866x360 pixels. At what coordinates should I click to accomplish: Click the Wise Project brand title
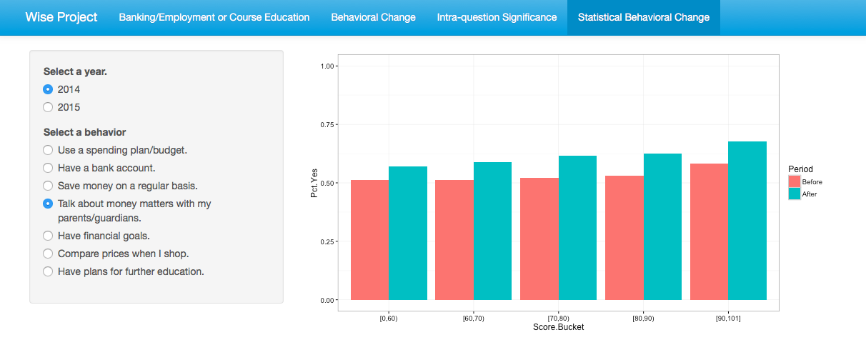pyautogui.click(x=61, y=17)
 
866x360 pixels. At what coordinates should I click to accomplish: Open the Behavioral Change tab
pyautogui.click(x=373, y=17)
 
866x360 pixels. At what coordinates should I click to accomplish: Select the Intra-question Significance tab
pyautogui.click(x=497, y=17)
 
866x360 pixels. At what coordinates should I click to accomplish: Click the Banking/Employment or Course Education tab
pyautogui.click(x=214, y=17)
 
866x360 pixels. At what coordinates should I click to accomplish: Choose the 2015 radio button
pyautogui.click(x=48, y=107)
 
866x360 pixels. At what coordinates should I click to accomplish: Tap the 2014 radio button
pyautogui.click(x=48, y=89)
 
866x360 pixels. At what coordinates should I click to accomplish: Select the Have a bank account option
pyautogui.click(x=48, y=168)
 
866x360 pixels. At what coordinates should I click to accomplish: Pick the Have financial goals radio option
pyautogui.click(x=48, y=236)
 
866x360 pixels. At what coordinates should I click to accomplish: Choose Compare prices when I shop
pyautogui.click(x=48, y=254)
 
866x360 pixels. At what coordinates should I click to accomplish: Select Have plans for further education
pyautogui.click(x=48, y=271)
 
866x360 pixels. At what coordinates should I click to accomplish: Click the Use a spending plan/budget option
pyautogui.click(x=48, y=150)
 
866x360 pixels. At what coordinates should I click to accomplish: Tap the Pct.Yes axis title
pyautogui.click(x=315, y=183)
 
